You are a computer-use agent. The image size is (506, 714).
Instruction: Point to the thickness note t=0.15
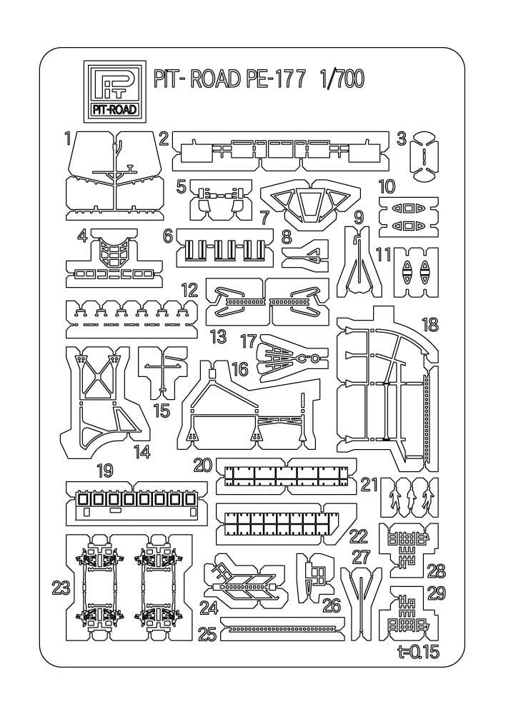point(417,651)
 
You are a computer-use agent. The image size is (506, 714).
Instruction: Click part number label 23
point(60,588)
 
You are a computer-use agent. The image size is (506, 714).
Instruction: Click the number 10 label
point(387,187)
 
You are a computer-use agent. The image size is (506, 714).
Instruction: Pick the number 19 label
point(105,471)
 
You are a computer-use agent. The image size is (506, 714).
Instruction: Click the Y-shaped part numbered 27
point(362,596)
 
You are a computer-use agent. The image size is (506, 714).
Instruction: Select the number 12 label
point(189,290)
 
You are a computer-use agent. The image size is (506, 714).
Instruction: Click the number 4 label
point(82,236)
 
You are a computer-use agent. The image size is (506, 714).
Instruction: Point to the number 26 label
point(331,605)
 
